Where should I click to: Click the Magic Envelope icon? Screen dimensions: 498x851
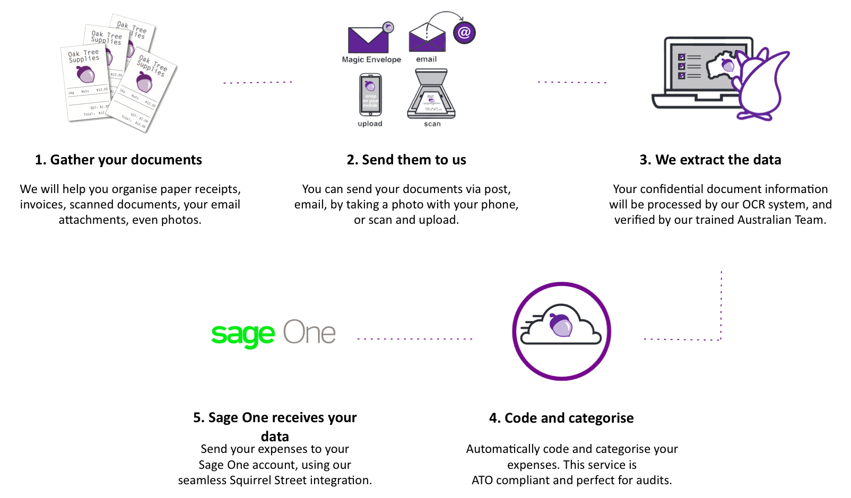pos(368,39)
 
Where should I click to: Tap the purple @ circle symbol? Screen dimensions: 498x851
pos(464,33)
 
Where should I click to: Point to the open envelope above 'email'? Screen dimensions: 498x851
pos(427,38)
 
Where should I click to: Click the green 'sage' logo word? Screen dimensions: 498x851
pos(243,335)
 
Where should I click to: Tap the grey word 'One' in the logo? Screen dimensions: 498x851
pos(309,333)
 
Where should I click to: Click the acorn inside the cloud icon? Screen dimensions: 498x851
pos(561,325)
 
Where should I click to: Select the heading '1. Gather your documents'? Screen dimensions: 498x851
pos(118,160)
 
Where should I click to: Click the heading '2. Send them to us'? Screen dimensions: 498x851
pos(406,160)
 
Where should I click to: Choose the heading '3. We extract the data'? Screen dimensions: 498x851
pos(710,160)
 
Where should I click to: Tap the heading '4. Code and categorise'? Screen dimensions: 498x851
pos(561,418)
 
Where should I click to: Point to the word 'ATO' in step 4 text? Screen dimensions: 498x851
pos(482,480)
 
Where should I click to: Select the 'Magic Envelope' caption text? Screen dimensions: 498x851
pos(371,59)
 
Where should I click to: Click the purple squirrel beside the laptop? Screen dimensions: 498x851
pos(762,85)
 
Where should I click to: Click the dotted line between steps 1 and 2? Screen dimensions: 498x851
pos(258,82)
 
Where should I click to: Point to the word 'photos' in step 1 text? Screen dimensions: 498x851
pos(182,220)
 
